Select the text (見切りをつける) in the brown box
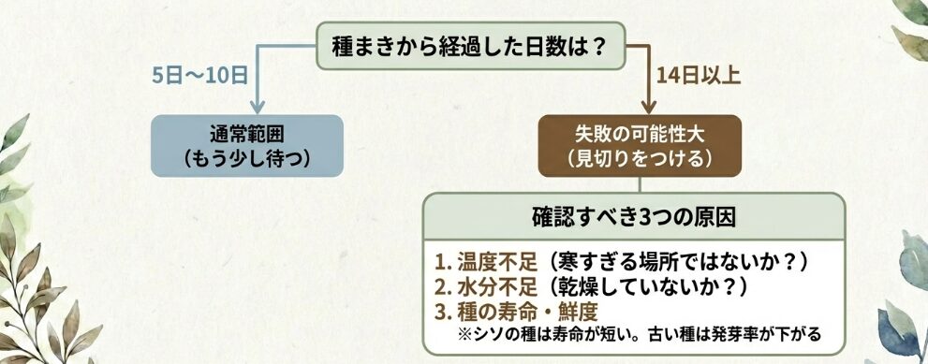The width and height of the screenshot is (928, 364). coord(640,158)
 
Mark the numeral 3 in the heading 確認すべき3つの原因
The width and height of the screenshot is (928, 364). coord(665,217)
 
